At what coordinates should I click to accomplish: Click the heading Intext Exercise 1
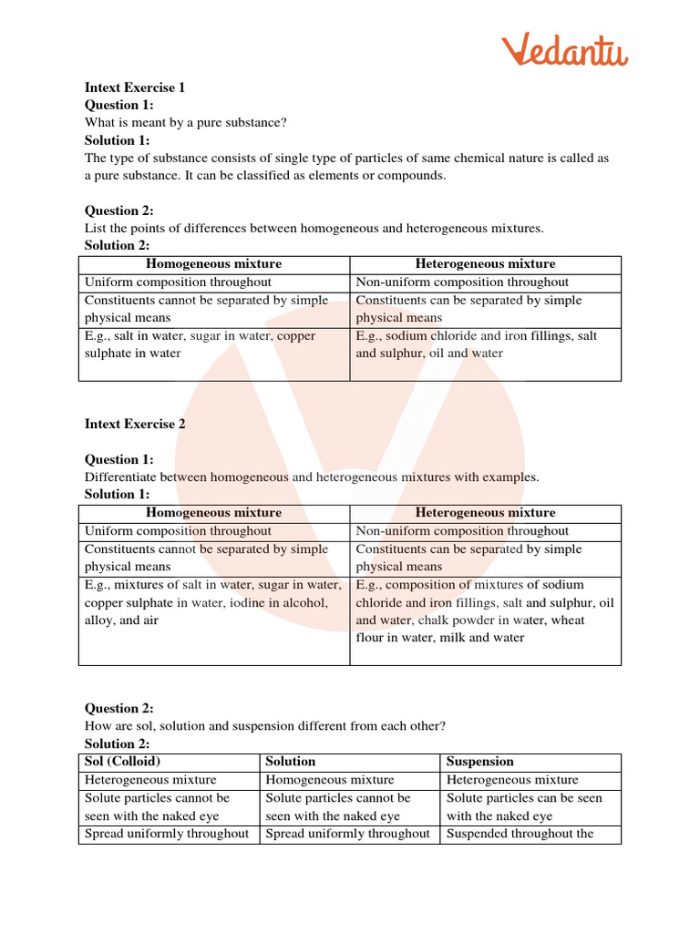135,88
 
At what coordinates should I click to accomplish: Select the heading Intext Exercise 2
135,425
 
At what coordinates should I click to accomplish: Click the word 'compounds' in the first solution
411,176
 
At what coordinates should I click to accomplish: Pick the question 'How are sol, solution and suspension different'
265,726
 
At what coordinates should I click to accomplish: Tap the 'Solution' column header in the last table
291,762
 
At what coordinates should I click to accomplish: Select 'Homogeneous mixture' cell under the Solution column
330,780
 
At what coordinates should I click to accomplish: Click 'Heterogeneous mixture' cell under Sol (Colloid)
150,780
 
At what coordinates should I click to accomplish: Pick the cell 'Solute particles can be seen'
524,798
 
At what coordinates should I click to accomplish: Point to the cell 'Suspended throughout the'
520,834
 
